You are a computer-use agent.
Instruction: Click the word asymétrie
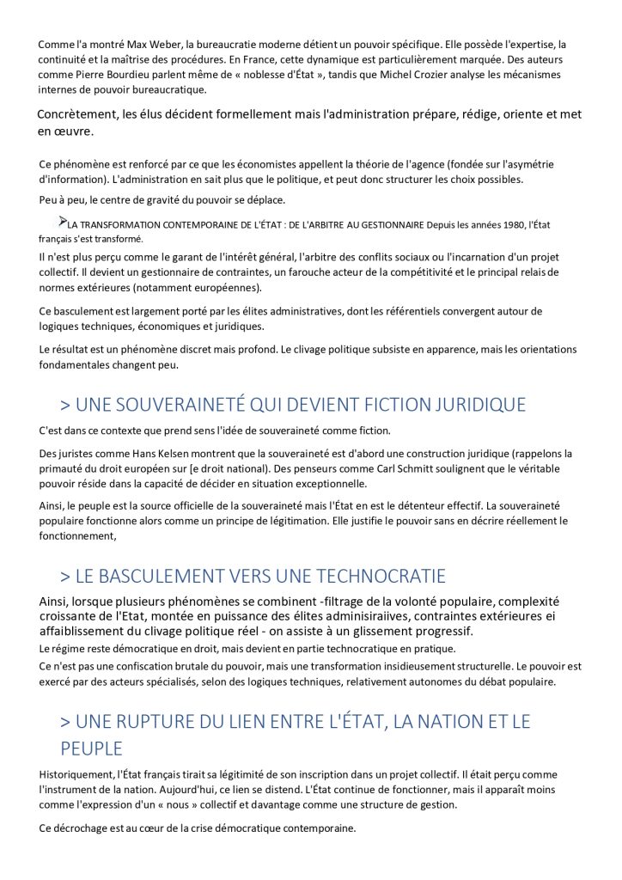(x=528, y=164)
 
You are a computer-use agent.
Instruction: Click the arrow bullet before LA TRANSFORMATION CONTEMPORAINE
(x=63, y=222)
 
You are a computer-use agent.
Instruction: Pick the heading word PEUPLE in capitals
(x=91, y=749)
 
